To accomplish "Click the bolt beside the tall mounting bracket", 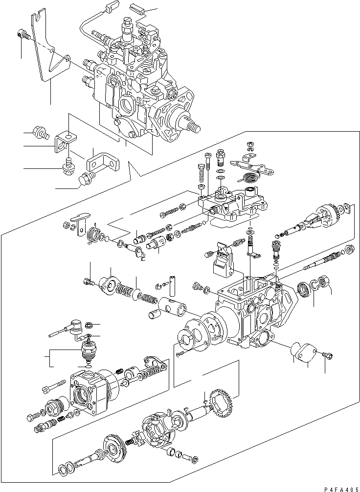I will pyautogui.click(x=22, y=35).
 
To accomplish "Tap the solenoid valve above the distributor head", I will pyautogui.click(x=88, y=351).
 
